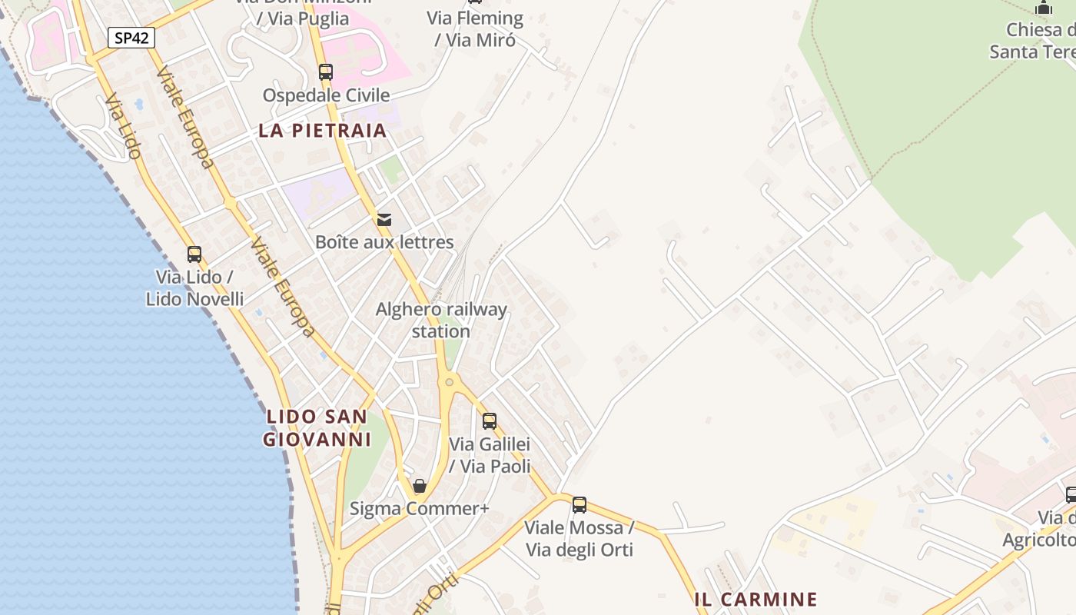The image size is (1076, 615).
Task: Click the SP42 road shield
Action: point(131,38)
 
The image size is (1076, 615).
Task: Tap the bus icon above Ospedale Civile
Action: point(326,72)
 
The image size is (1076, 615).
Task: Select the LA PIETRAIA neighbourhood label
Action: point(323,130)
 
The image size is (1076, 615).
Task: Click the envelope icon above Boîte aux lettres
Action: point(384,220)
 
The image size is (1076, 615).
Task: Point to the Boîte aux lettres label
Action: point(384,242)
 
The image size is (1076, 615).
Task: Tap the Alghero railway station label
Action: point(441,320)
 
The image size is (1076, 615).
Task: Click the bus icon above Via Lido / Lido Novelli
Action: point(194,254)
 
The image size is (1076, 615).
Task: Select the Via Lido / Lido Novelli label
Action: point(194,288)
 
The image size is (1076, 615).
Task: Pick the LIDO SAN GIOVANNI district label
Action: point(317,428)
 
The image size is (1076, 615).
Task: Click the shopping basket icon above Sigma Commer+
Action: point(420,486)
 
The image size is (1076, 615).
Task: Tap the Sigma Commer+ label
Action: point(420,508)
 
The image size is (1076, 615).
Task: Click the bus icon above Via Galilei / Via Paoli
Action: point(490,421)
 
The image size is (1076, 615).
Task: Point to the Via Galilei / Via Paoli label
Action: point(490,455)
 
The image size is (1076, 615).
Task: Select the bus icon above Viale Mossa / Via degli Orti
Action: point(580,505)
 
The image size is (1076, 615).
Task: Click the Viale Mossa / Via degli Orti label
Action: point(580,538)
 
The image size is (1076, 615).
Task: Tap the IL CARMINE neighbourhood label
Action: point(756,599)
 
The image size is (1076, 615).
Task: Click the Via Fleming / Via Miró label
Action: point(475,28)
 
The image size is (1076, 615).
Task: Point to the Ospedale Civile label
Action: point(327,95)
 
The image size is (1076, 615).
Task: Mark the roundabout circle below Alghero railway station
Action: point(449,381)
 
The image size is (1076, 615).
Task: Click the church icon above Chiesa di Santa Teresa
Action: point(1044,8)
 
